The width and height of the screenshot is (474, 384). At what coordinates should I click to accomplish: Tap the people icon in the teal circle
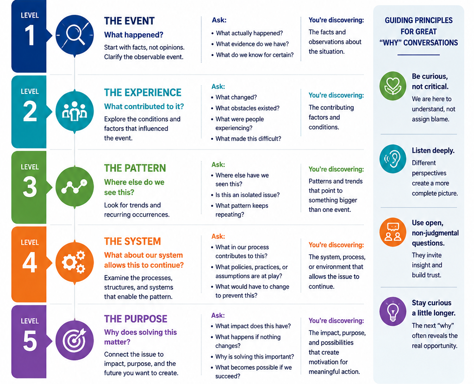coord(75,111)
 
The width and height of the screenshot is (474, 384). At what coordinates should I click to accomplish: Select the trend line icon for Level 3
coord(74,187)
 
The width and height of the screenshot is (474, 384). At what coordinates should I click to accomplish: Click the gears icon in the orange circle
coord(74,262)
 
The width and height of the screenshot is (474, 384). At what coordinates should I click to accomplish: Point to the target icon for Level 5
coord(75,340)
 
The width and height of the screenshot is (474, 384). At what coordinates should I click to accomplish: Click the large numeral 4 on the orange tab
coord(30,262)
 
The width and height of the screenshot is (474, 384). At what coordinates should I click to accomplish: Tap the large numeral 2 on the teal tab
coord(30,111)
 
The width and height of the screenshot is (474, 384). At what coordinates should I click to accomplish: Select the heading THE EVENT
coord(130,21)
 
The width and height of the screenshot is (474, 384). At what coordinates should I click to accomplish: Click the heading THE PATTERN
coord(135,168)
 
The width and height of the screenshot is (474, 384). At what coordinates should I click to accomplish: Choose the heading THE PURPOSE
coord(136,319)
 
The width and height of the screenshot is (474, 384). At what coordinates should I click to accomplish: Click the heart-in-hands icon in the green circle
coord(393,86)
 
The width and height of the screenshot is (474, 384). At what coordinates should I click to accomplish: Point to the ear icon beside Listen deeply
coord(393,159)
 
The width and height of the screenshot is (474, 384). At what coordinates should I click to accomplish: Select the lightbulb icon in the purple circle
coord(393,311)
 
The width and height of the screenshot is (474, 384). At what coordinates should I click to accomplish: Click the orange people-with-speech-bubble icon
coord(393,232)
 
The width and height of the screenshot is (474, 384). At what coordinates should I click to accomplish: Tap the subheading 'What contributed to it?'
coord(144,106)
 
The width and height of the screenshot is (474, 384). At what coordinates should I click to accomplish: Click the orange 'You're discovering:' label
coord(336,245)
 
